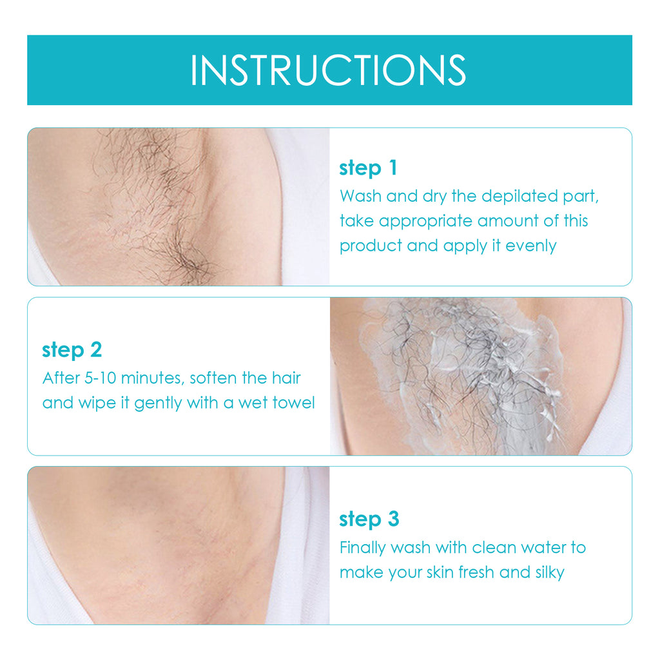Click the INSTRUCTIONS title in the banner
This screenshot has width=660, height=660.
328,70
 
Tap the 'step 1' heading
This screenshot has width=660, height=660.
368,168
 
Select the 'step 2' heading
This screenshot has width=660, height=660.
72,350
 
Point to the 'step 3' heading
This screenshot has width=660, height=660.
369,519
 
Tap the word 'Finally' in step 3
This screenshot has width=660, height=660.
364,548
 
